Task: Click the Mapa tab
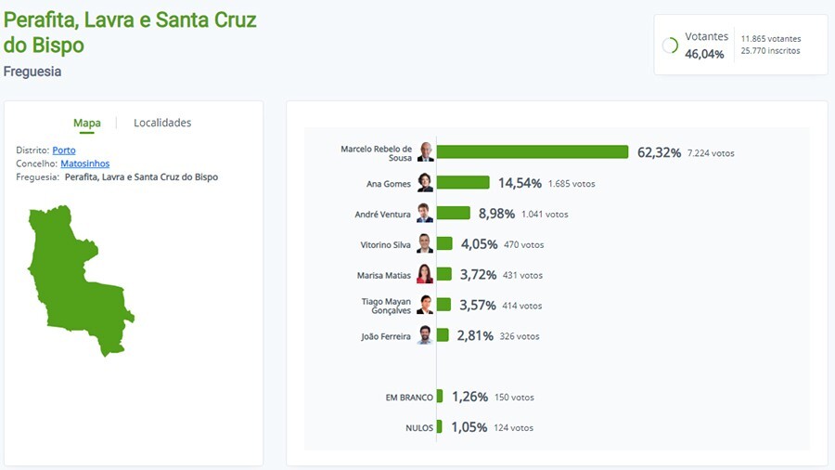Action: click(x=87, y=123)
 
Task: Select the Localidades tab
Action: click(x=162, y=123)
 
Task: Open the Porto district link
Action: click(x=64, y=150)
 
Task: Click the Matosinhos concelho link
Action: click(x=84, y=163)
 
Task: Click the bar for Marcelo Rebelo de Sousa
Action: click(x=533, y=152)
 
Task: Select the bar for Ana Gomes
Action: click(x=463, y=183)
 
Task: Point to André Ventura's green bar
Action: click(x=454, y=214)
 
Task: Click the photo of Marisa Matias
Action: click(x=425, y=275)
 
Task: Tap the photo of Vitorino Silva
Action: click(x=425, y=244)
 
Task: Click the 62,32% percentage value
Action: click(x=659, y=152)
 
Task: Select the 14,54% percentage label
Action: click(x=520, y=183)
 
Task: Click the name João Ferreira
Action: click(x=385, y=336)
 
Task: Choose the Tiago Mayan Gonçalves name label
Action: click(x=385, y=306)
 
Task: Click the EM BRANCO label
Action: click(x=408, y=398)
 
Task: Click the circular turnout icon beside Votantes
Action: click(x=670, y=46)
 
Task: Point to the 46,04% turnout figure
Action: click(x=704, y=55)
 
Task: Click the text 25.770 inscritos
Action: click(x=770, y=51)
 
